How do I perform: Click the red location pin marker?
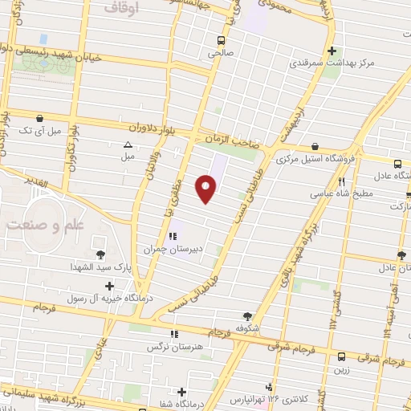[x=208, y=188]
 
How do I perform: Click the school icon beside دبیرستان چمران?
[x=172, y=237]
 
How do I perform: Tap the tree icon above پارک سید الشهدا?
[x=100, y=254]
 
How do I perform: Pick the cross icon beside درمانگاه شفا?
[x=183, y=393]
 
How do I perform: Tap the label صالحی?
[x=219, y=52]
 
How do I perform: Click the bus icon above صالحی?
[x=221, y=39]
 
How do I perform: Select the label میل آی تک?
[x=38, y=130]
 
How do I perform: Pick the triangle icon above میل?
[x=127, y=144]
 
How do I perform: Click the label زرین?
[x=342, y=370]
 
